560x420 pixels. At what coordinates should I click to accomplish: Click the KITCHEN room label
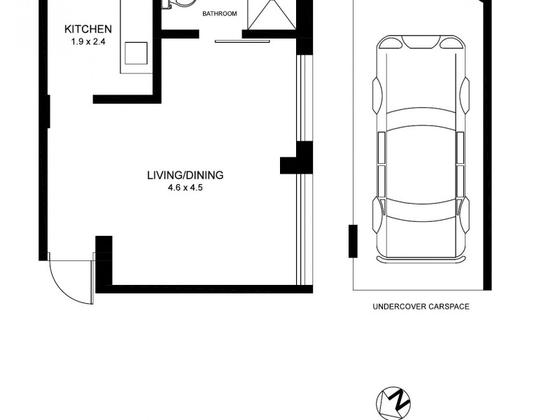coord(88,29)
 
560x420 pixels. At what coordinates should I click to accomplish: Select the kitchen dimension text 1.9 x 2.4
coord(88,41)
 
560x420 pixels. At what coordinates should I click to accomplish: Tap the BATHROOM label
coord(220,14)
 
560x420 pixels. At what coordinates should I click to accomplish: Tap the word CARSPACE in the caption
coord(448,307)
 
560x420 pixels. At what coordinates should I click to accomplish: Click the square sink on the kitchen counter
coord(136,52)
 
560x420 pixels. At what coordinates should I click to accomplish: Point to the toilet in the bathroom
coord(178,4)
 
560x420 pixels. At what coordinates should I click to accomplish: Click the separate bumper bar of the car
coord(420,260)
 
